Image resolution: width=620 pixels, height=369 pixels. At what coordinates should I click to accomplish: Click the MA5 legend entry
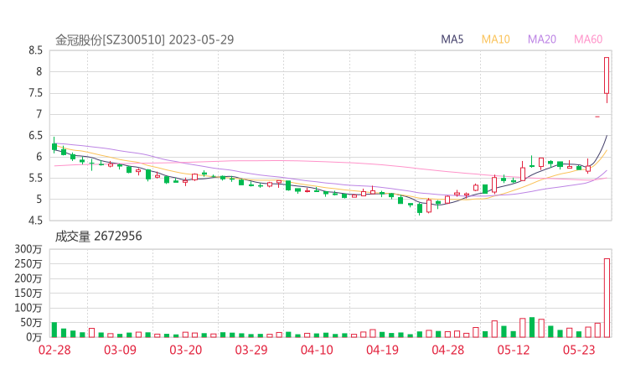coord(452,39)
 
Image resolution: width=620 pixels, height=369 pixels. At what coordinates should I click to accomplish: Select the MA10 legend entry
coord(495,39)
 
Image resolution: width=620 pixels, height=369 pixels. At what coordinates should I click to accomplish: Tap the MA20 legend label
coord(541,39)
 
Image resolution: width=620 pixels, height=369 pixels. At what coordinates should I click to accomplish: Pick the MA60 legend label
coord(587,39)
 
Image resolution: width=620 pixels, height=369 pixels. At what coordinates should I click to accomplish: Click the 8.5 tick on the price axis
coord(35,50)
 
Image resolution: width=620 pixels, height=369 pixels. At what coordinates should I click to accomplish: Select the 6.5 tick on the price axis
coord(35,135)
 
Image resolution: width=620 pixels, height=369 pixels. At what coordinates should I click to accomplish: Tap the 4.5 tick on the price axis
coord(35,221)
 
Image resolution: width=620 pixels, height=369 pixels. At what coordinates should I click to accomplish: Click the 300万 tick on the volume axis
coord(31,249)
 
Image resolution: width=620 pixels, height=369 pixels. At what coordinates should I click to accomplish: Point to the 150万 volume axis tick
coord(31,293)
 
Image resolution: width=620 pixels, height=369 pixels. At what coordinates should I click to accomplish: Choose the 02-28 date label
coord(54,350)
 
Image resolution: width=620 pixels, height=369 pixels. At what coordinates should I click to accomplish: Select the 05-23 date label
coord(577,350)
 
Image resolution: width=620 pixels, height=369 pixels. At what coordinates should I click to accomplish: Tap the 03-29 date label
coord(251,350)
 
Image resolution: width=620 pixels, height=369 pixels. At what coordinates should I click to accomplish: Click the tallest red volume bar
coord(607,298)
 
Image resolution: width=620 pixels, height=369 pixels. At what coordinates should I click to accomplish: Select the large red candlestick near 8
coord(607,75)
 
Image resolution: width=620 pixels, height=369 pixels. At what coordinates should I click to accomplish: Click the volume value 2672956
coord(116,236)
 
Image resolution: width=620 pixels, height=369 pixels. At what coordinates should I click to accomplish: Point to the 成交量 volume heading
coord(71,236)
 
